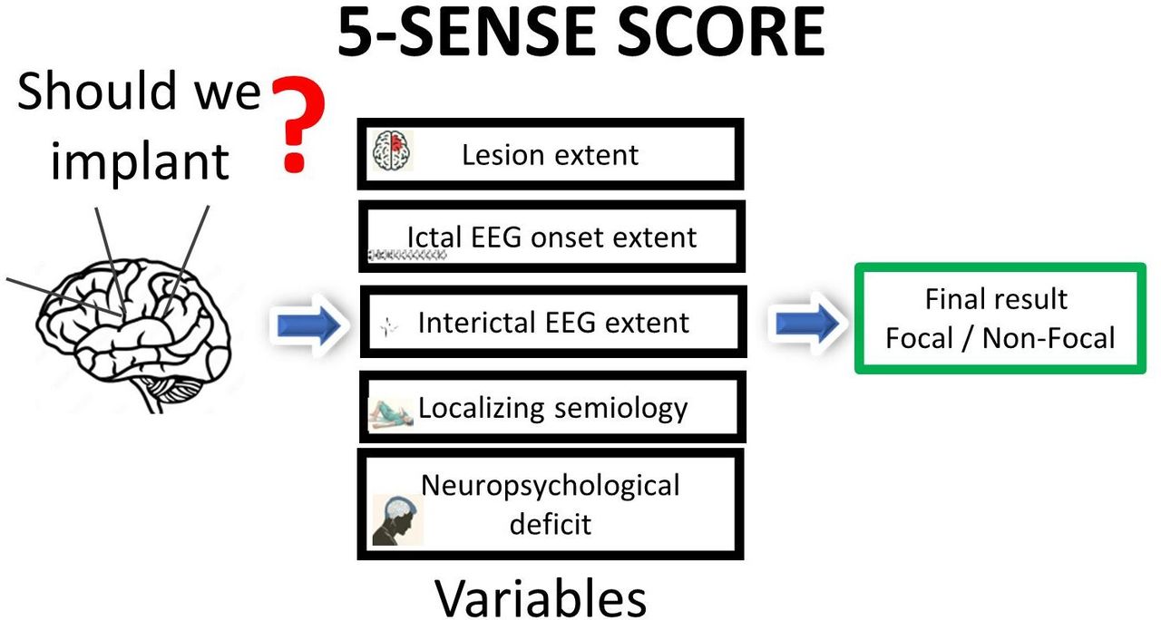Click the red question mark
(295, 125)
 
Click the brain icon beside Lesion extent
(394, 151)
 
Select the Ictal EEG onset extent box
(551, 237)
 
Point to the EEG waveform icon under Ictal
(407, 257)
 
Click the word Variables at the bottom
(541, 597)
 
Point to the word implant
(140, 161)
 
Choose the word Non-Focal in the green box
(1049, 338)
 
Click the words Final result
(996, 298)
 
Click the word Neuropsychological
(551, 485)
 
